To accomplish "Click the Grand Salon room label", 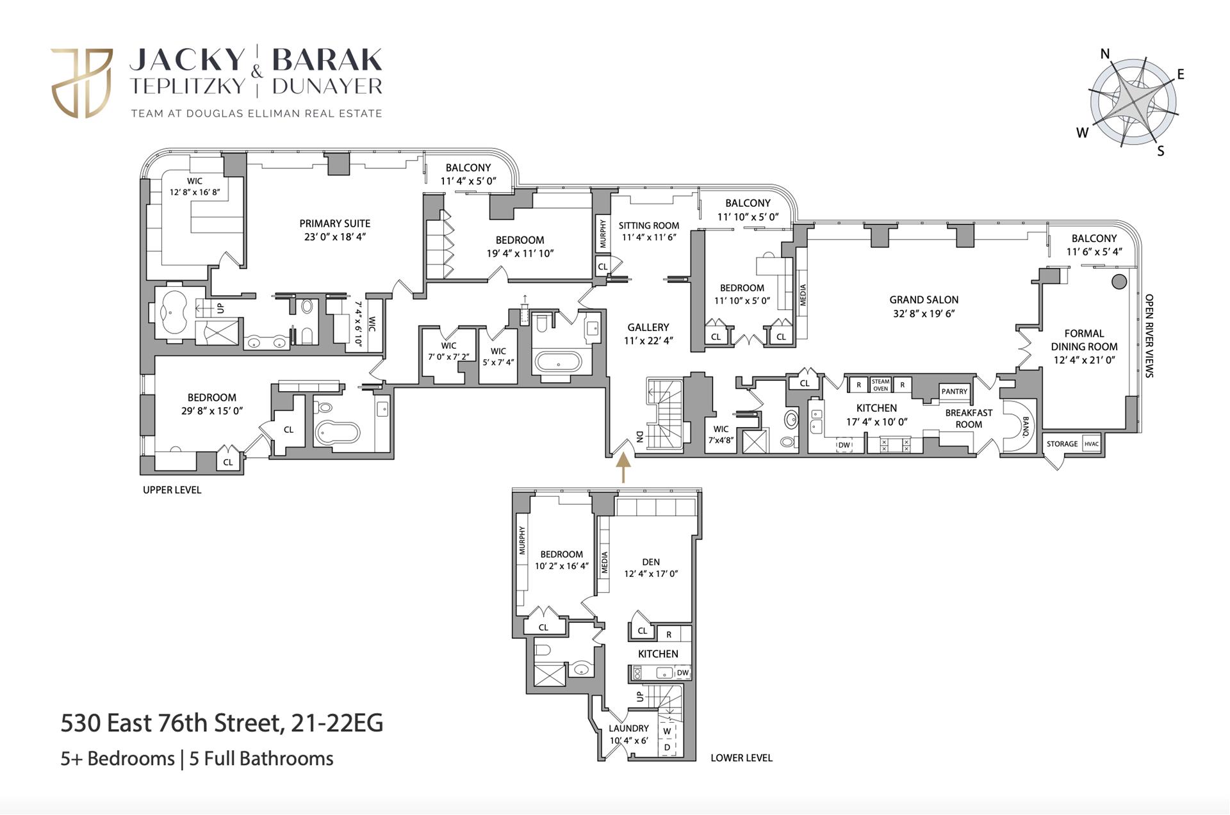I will coord(923,300).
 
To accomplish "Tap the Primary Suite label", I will coord(334,223).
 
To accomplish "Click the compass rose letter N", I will coord(1105,54).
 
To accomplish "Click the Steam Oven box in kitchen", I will coord(880,385).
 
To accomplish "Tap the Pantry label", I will coord(954,391).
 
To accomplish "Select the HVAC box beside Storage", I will coord(1091,444).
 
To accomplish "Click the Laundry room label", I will coord(628,728).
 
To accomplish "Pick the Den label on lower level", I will coord(651,561).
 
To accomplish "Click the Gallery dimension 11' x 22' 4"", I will coord(648,341).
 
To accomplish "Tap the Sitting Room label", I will coord(648,225).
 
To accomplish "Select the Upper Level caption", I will coord(172,490).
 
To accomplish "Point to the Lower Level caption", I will coord(741,757).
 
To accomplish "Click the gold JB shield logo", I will coord(82,83).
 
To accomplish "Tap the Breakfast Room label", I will coord(968,419).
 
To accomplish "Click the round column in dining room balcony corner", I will coord(1119,281).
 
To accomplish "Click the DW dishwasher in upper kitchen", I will coord(844,445).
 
